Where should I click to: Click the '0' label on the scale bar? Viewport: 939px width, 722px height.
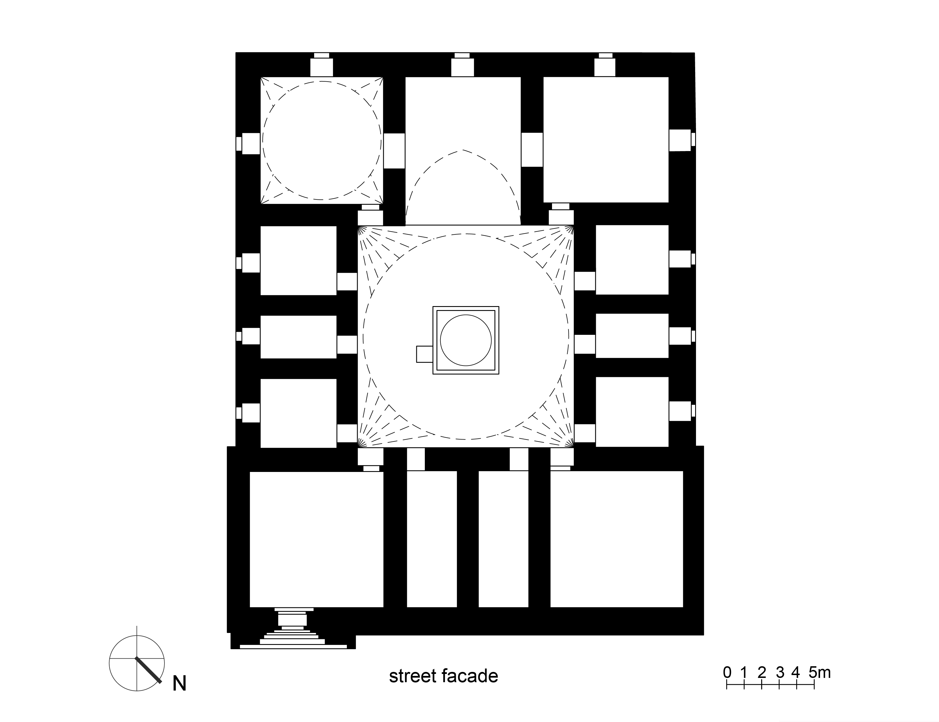pyautogui.click(x=727, y=672)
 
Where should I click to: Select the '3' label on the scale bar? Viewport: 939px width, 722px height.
pyautogui.click(x=780, y=672)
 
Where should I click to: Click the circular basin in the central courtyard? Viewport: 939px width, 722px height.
pyautogui.click(x=466, y=340)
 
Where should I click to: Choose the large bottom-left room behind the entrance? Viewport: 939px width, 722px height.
pyautogui.click(x=316, y=539)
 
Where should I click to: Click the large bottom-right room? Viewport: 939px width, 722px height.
pyautogui.click(x=616, y=539)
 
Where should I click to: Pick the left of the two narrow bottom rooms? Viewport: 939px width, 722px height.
pyautogui.click(x=431, y=539)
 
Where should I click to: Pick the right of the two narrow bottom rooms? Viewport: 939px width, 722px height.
pyautogui.click(x=503, y=539)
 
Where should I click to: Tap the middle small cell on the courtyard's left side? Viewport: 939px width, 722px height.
pyautogui.click(x=298, y=337)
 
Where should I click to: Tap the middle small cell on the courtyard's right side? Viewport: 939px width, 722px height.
pyautogui.click(x=632, y=336)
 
